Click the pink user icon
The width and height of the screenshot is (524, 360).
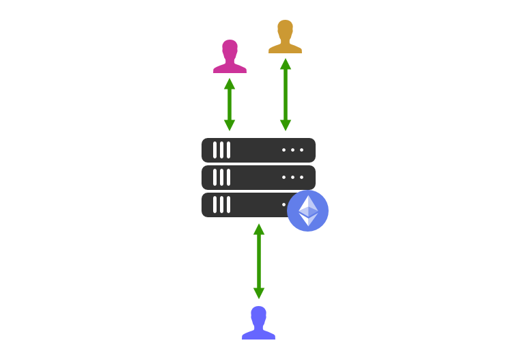(x=230, y=58)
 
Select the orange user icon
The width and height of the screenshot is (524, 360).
(x=285, y=38)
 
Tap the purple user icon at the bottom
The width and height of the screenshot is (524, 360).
(x=258, y=324)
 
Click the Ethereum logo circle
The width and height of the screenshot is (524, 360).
(x=307, y=210)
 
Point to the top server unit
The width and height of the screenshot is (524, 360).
(x=258, y=150)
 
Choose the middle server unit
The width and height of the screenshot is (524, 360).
(x=258, y=177)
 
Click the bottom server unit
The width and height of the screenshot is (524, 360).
(x=246, y=204)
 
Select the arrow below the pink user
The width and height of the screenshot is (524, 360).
(x=230, y=104)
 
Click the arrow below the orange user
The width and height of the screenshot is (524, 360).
(x=286, y=94)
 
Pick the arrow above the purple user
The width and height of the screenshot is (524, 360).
(x=259, y=261)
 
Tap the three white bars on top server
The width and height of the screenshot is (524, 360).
(x=221, y=150)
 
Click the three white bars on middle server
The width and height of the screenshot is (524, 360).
(x=221, y=177)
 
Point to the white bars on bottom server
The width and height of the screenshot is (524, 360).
(x=221, y=204)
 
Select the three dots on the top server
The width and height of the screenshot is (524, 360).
(x=292, y=150)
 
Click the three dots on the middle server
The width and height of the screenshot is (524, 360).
(x=292, y=177)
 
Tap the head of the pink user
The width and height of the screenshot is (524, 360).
(x=230, y=48)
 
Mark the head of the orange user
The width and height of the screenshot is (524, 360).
(x=285, y=28)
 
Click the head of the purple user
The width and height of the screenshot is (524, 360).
(x=258, y=314)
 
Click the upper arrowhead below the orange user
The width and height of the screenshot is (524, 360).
(x=286, y=64)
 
